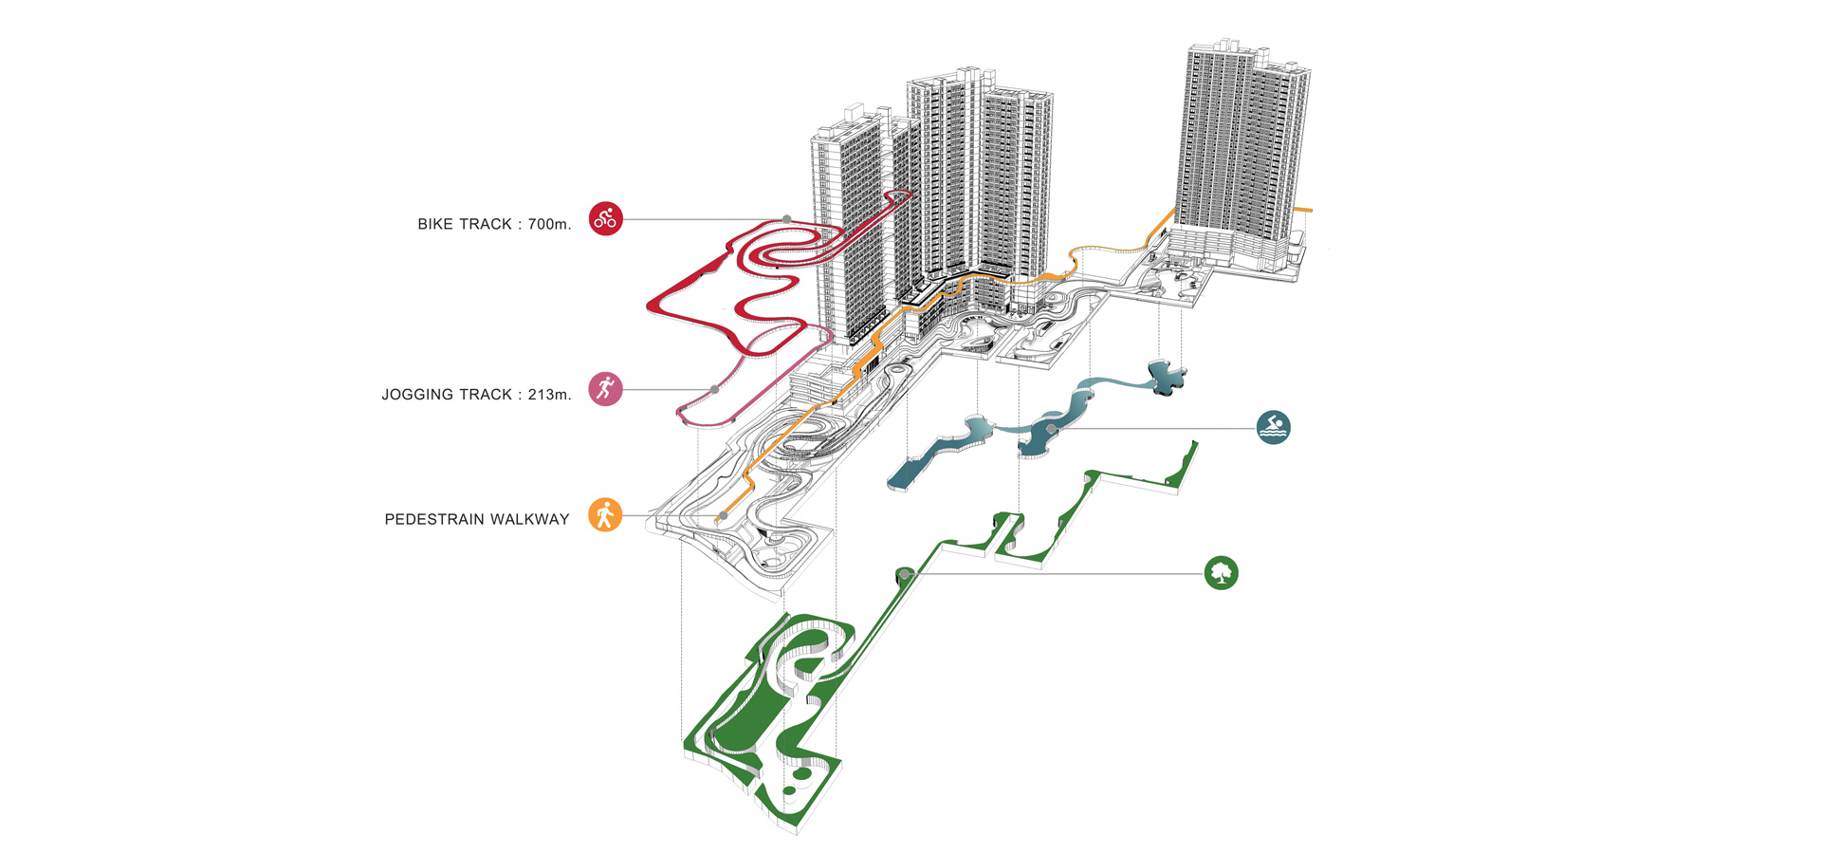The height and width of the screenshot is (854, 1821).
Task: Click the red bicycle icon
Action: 605,219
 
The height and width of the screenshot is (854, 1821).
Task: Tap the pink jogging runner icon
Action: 605,389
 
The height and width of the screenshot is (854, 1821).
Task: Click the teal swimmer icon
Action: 1274,427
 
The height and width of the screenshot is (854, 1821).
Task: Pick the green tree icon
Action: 1222,573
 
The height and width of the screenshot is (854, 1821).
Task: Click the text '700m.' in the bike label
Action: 549,224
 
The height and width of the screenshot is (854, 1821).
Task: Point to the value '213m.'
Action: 549,395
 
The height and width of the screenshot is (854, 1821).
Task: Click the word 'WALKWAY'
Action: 536,520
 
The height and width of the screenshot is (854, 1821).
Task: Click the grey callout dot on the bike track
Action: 787,219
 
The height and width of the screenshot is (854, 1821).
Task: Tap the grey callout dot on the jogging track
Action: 714,389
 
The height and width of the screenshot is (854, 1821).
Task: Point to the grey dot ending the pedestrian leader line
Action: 723,515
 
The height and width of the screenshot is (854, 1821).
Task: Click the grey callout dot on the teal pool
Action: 1051,429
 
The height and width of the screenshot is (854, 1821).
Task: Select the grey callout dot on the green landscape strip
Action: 905,574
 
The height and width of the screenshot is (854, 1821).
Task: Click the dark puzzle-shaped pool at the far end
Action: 1165,378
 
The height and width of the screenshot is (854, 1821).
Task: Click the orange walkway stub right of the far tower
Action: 1304,209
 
